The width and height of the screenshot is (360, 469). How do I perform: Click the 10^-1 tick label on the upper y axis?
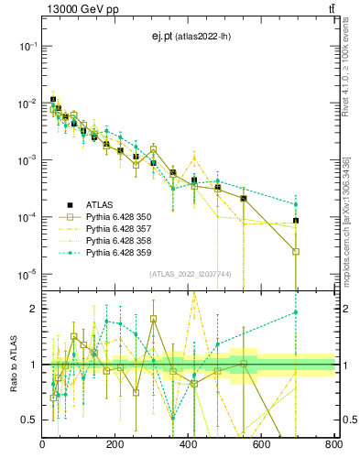click(26, 46)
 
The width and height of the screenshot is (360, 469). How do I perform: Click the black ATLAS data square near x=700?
click(296, 221)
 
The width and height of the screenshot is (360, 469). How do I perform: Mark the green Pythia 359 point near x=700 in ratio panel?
click(296, 312)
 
